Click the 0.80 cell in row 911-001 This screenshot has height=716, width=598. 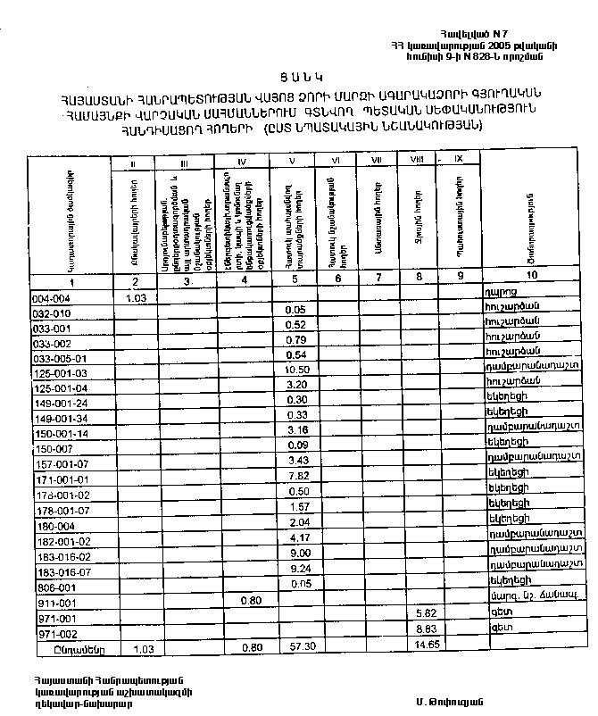coord(250,600)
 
